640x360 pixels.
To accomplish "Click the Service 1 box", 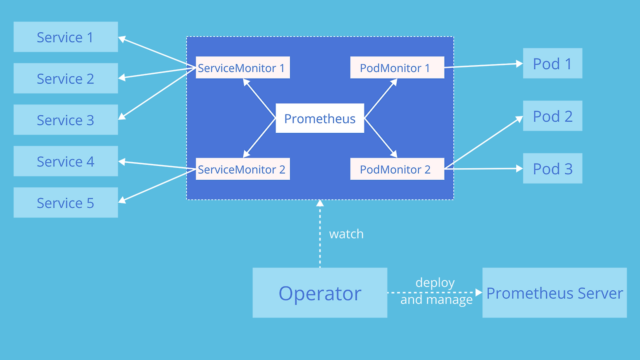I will point(65,37).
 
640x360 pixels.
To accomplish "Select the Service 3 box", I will point(65,120).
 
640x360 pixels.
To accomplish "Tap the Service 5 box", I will point(65,202).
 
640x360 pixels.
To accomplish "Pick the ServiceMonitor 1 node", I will point(242,68).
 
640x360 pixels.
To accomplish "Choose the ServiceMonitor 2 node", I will point(242,169).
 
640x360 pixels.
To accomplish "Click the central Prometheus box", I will point(319,118).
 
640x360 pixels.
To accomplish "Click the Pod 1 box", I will point(552,63).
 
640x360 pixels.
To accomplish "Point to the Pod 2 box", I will point(552,116).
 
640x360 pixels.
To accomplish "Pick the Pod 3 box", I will point(552,168).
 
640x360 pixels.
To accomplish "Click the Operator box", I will point(319,293).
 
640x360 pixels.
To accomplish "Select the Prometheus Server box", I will point(554,293).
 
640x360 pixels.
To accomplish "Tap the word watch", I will point(346,234).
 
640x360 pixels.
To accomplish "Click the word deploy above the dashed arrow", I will point(435,283).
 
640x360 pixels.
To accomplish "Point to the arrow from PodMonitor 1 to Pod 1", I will point(482,65).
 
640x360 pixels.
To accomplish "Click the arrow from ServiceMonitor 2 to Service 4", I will point(156,165).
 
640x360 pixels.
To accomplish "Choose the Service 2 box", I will point(65,78).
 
